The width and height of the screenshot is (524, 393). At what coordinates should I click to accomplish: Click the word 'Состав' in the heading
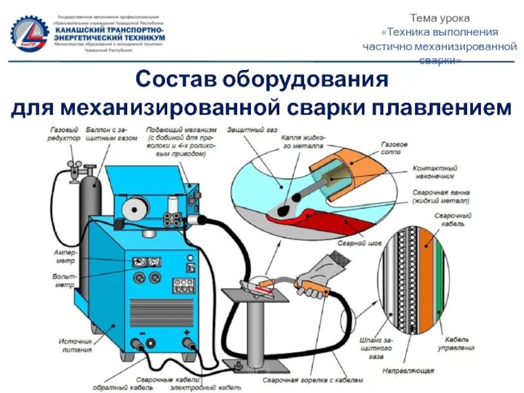(x=175, y=81)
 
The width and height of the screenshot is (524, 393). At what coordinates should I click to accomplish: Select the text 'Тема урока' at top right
(x=440, y=18)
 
